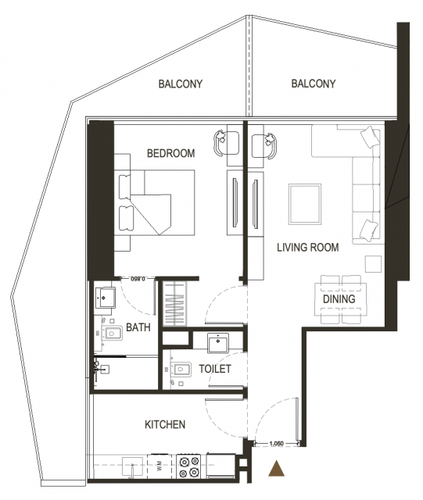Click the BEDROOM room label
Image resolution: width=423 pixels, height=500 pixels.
pos(170,153)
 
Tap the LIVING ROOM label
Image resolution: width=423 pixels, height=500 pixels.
pos(308,248)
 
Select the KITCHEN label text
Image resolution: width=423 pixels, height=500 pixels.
pos(165,425)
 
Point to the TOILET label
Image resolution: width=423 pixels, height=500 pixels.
pos(215,369)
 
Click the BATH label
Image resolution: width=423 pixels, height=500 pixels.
pos(138,327)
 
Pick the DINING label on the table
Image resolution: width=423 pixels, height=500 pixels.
pos(339,299)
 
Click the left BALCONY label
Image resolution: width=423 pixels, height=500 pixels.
pos(181,84)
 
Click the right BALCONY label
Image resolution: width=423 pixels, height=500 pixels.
pos(314,84)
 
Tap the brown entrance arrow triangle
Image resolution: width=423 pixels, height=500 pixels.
pos(277,468)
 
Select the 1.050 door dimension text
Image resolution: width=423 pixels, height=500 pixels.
pos(277,443)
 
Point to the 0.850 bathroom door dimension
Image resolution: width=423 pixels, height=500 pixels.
pos(138,279)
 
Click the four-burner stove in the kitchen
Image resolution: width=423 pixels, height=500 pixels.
pos(189,466)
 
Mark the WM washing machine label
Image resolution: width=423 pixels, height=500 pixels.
pos(160,466)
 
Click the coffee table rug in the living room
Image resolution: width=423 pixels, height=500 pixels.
pos(305,204)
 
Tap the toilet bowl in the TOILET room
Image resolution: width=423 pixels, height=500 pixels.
pos(181,370)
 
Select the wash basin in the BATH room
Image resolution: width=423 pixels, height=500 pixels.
pos(105,297)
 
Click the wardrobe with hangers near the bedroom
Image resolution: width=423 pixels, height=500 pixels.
pos(174,304)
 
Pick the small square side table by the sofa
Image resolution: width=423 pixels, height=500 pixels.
pos(373,264)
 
